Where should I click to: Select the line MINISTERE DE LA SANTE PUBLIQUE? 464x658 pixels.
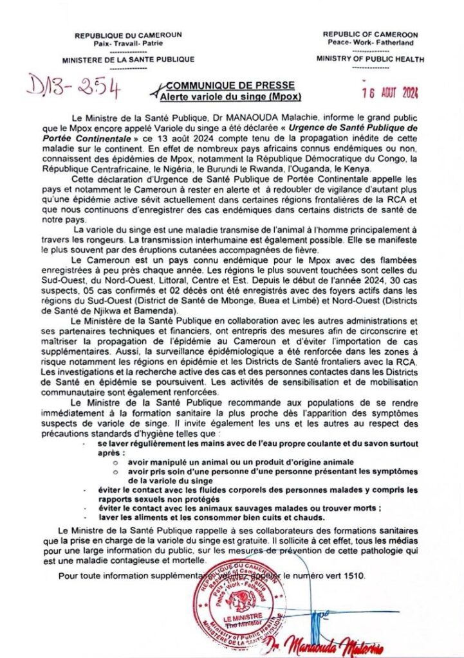[128, 60]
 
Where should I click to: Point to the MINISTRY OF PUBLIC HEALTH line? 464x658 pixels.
[370, 59]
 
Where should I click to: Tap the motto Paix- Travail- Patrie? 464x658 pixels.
[128, 43]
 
